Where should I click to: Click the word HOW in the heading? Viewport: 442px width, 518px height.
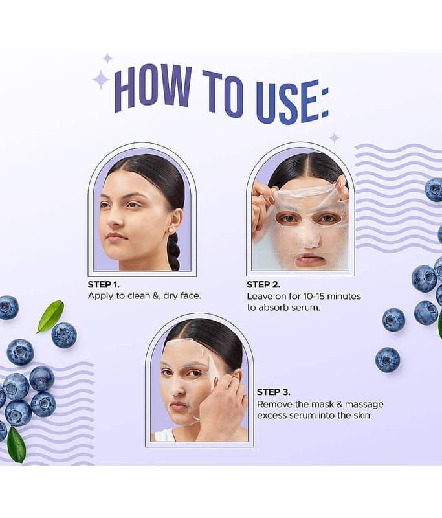[153, 88]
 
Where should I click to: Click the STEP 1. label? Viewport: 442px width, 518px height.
[104, 284]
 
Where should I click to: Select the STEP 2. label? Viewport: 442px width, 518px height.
[263, 284]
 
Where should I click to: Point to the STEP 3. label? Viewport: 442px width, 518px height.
[274, 392]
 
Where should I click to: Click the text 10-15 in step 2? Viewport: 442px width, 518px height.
[314, 297]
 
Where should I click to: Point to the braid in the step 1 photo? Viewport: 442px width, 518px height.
[174, 251]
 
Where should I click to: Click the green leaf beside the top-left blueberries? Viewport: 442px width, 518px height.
[50, 316]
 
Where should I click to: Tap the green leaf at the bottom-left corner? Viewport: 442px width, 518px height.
[17, 444]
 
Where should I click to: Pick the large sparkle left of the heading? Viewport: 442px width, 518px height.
[101, 80]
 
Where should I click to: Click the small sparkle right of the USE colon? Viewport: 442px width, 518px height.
[335, 138]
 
